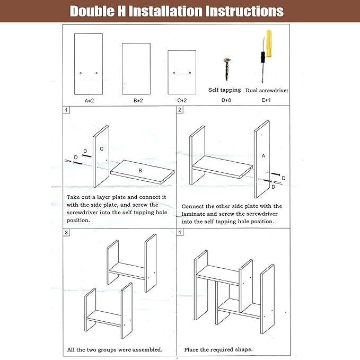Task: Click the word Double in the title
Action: click(92, 11)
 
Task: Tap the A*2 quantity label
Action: click(89, 101)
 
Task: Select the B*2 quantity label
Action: click(138, 101)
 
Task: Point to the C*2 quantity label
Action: click(182, 100)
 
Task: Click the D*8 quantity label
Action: click(226, 100)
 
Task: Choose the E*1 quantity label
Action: click(266, 100)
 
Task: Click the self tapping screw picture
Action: click(227, 69)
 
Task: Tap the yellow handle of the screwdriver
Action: click(269, 43)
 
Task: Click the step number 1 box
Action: click(66, 110)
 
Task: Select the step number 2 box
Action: click(180, 110)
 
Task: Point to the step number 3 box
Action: click(66, 232)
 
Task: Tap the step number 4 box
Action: click(180, 232)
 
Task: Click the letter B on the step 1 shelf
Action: click(140, 171)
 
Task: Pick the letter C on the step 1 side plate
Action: click(101, 149)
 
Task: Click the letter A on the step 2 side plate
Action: click(264, 156)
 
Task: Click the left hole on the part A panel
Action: click(81, 73)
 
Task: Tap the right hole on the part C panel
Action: click(190, 73)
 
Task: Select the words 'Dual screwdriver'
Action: click(267, 90)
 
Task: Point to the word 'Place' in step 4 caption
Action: click(191, 349)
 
